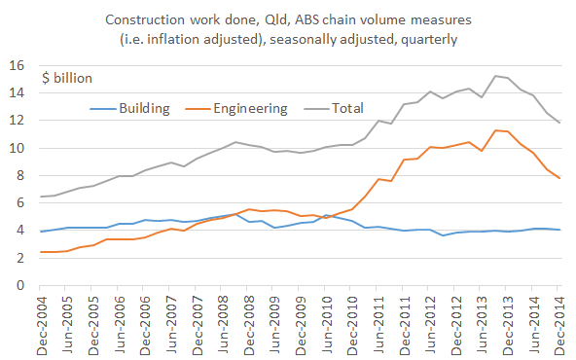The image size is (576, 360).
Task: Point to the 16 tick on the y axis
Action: pos(18,65)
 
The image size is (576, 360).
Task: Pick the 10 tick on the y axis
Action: pos(18,148)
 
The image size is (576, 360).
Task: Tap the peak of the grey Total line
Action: pos(495,76)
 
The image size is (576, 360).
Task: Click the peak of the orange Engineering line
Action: pos(495,130)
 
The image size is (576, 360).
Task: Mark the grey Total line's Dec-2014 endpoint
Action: pos(559,123)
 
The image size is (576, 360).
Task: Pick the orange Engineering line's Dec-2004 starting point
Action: pos(41,252)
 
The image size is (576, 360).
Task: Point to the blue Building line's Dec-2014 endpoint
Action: pos(559,230)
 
